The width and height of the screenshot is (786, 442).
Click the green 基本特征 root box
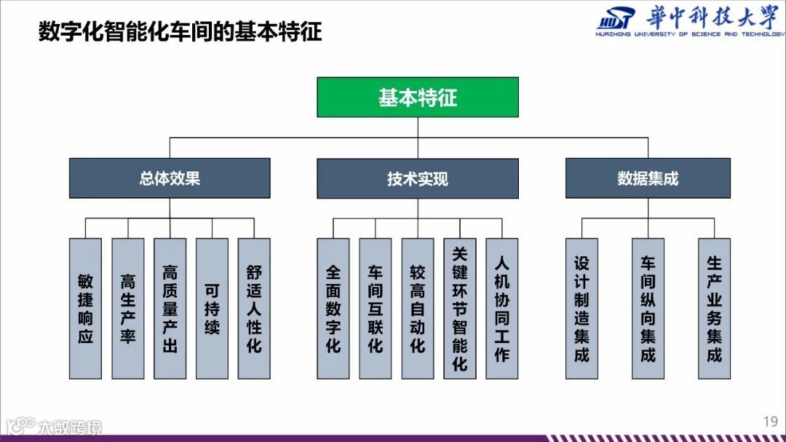(x=417, y=98)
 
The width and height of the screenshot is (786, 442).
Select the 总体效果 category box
(x=170, y=178)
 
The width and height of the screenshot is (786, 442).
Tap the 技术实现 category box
(x=417, y=178)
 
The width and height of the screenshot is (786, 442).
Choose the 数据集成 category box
(x=648, y=178)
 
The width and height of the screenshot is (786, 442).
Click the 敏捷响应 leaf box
(x=85, y=308)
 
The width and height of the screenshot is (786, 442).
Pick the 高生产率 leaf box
(x=127, y=308)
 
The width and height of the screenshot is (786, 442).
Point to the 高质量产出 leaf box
(x=170, y=308)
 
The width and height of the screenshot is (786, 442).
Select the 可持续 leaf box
(x=212, y=308)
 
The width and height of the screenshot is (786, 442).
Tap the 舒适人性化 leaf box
(x=254, y=308)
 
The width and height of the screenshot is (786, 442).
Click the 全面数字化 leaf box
(x=333, y=308)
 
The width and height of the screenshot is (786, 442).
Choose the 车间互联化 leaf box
(x=375, y=308)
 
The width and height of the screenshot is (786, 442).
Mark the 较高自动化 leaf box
(x=417, y=308)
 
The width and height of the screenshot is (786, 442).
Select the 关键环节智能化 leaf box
(x=459, y=308)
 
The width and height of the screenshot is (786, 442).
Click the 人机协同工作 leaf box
(x=501, y=308)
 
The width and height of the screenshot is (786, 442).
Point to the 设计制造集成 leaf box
(x=581, y=308)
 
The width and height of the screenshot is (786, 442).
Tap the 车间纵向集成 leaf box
(x=648, y=308)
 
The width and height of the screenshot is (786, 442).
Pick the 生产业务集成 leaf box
(x=714, y=308)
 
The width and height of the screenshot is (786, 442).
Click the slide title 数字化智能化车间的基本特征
(x=180, y=33)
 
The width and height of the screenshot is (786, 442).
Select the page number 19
(x=770, y=422)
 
